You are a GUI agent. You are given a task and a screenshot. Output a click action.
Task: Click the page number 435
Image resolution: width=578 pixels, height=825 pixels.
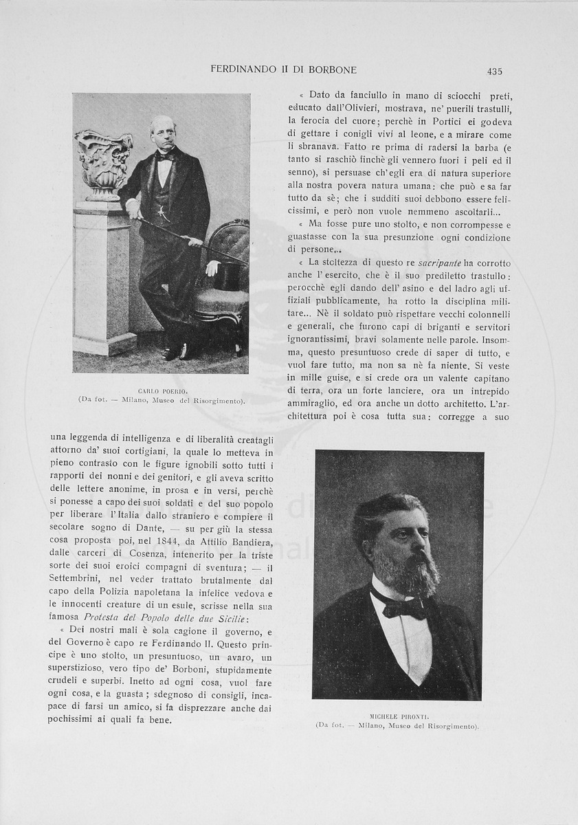[494, 71]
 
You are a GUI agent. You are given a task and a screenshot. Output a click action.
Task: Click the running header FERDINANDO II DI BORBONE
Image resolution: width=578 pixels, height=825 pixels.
[283, 70]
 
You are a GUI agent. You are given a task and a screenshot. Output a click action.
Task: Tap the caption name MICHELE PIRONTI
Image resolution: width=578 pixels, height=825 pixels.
[399, 716]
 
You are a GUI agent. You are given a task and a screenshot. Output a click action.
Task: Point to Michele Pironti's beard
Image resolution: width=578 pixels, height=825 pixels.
[415, 571]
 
